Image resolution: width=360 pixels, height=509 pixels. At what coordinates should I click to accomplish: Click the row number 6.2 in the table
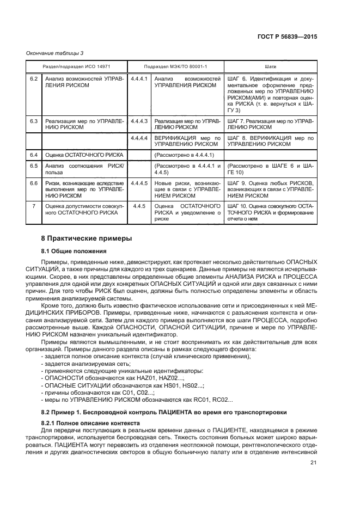[34, 79]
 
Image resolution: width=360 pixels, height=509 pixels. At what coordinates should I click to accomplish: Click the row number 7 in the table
[34, 206]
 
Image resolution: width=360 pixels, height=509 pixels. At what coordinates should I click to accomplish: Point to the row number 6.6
[34, 183]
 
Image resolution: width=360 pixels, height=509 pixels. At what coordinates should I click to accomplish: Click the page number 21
[313, 463]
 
